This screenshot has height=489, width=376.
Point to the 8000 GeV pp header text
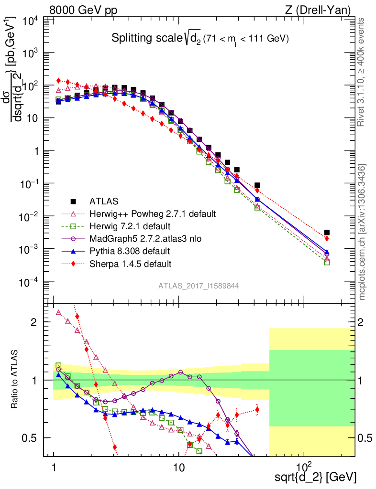83,10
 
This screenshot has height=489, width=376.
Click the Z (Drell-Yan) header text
323,10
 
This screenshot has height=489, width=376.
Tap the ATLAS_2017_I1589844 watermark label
199,286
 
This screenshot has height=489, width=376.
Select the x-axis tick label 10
178,466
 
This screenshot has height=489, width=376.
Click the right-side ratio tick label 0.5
365,438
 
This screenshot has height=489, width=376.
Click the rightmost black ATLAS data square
327,233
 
